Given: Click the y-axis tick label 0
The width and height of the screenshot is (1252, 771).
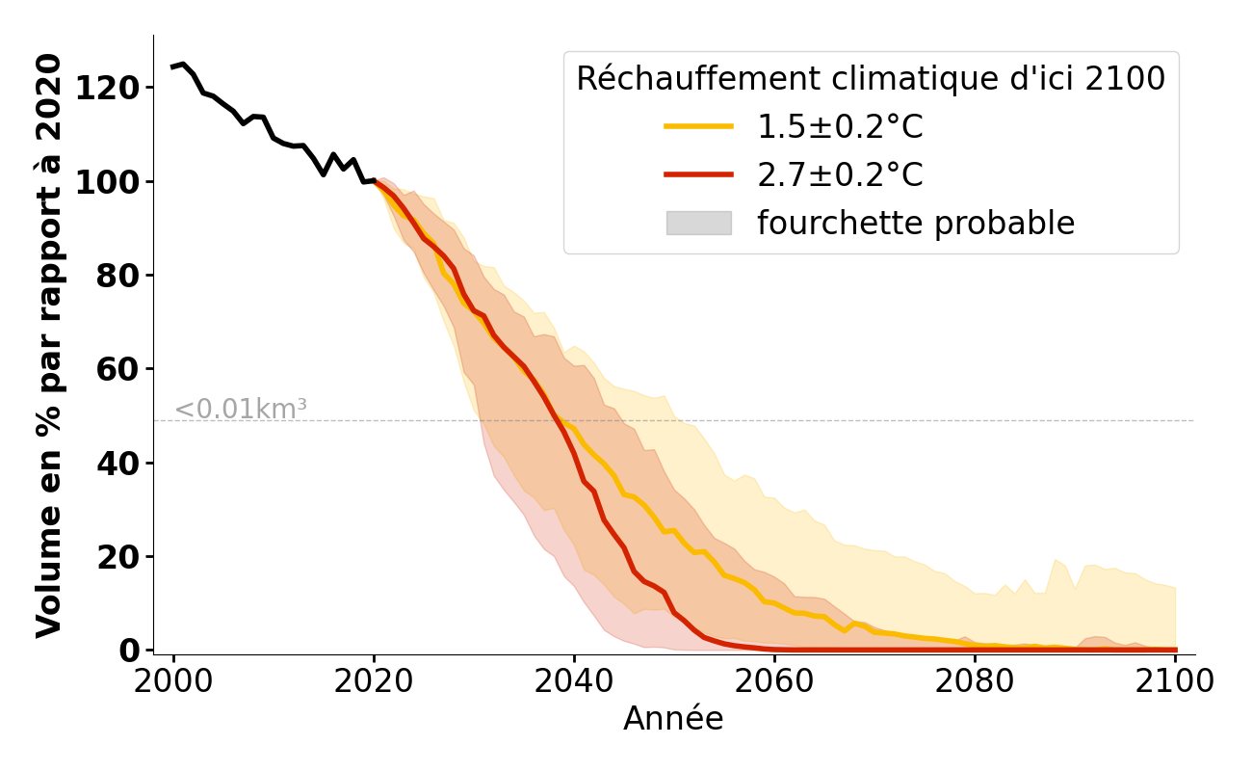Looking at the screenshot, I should point(129,651).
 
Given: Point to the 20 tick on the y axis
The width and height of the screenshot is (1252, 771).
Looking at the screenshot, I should point(117,557).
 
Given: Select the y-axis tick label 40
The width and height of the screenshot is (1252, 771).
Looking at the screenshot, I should point(117,464).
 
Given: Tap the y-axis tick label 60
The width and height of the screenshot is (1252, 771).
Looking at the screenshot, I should point(117,369).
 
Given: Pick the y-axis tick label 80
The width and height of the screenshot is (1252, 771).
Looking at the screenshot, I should point(117,276).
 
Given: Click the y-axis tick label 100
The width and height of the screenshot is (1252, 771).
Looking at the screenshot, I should point(107,182).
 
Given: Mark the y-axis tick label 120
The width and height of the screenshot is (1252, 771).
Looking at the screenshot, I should point(107,88).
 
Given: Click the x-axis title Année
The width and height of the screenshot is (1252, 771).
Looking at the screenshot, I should point(673,719).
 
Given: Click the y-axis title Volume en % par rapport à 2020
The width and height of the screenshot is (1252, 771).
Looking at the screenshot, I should point(50,345).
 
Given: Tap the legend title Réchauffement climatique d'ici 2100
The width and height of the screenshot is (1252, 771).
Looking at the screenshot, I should point(871,79).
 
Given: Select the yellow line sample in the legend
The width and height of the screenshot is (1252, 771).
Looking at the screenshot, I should point(698,126).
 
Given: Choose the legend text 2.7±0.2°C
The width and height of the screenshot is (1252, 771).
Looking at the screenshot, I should point(840,175).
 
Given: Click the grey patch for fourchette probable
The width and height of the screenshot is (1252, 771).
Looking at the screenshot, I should point(698,223).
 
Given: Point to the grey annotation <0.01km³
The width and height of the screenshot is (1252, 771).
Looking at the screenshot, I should point(241,410).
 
